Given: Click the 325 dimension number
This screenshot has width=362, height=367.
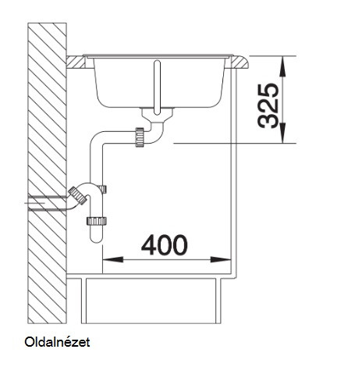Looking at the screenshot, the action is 268,105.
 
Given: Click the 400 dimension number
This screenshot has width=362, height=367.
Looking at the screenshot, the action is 164,245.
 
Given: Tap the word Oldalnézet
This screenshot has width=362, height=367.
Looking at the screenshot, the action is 57,342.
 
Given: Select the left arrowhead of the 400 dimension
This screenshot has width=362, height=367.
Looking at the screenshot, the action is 113,259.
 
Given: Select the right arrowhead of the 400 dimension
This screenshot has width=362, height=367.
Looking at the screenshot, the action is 221,259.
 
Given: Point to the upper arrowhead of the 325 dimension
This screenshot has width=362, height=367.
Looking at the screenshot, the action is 282,66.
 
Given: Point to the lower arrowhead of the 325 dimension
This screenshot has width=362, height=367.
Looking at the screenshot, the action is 282,133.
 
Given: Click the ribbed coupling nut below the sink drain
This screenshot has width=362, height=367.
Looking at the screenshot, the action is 140,137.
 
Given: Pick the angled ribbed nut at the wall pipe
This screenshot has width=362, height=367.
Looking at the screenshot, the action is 77,195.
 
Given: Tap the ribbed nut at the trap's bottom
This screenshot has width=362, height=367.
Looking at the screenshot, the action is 96,221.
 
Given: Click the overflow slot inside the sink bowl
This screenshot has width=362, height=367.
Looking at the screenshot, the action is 157,87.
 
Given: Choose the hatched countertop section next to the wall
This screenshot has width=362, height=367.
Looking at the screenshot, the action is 76,62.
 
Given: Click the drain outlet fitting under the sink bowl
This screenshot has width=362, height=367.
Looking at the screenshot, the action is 157,115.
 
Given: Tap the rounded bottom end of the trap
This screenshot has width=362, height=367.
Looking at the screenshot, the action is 96,237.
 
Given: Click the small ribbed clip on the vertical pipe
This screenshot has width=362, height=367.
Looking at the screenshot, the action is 104,189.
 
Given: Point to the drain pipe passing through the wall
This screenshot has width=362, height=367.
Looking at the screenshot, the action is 47,203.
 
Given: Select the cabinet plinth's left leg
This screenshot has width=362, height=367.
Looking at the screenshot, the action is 83,301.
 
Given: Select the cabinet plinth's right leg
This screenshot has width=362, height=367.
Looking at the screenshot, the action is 218,301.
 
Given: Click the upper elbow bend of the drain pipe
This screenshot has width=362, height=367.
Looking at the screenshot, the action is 97,139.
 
